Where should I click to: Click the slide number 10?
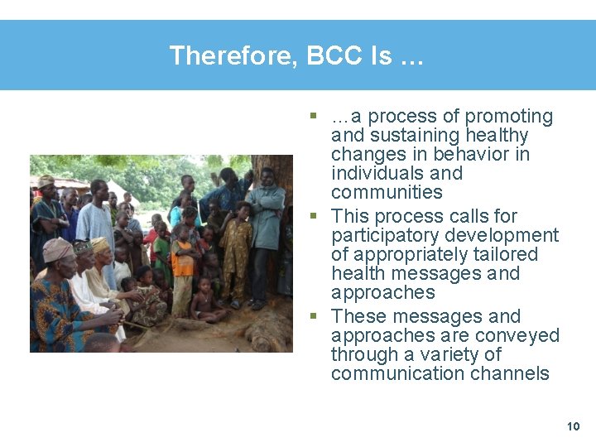pyautogui.click(x=573, y=426)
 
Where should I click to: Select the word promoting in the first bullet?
pyautogui.click(x=509, y=117)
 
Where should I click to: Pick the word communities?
pyautogui.click(x=387, y=193)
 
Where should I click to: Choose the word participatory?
pyautogui.click(x=387, y=236)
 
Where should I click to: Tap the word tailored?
pyautogui.click(x=503, y=255)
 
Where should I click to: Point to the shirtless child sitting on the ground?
pyautogui.click(x=204, y=303)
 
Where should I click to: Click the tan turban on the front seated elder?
pyautogui.click(x=57, y=248)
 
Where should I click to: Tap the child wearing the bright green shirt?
pyautogui.click(x=162, y=242)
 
